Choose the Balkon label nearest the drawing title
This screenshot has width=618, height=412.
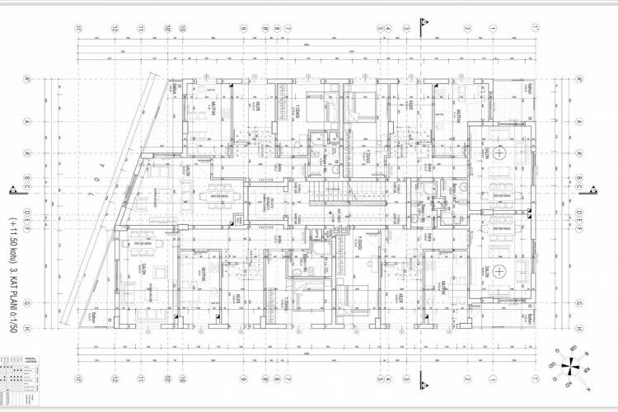[116, 316]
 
